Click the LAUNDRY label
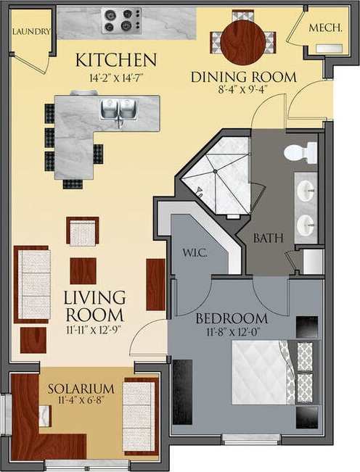coord(31,32)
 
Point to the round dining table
coord(242,41)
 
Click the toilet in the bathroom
coord(300,153)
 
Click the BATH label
coord(267,237)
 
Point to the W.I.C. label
coord(196,252)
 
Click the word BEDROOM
coord(231,318)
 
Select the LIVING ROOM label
coord(94,307)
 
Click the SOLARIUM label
coord(82,389)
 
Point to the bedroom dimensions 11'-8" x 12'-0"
coord(231,332)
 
